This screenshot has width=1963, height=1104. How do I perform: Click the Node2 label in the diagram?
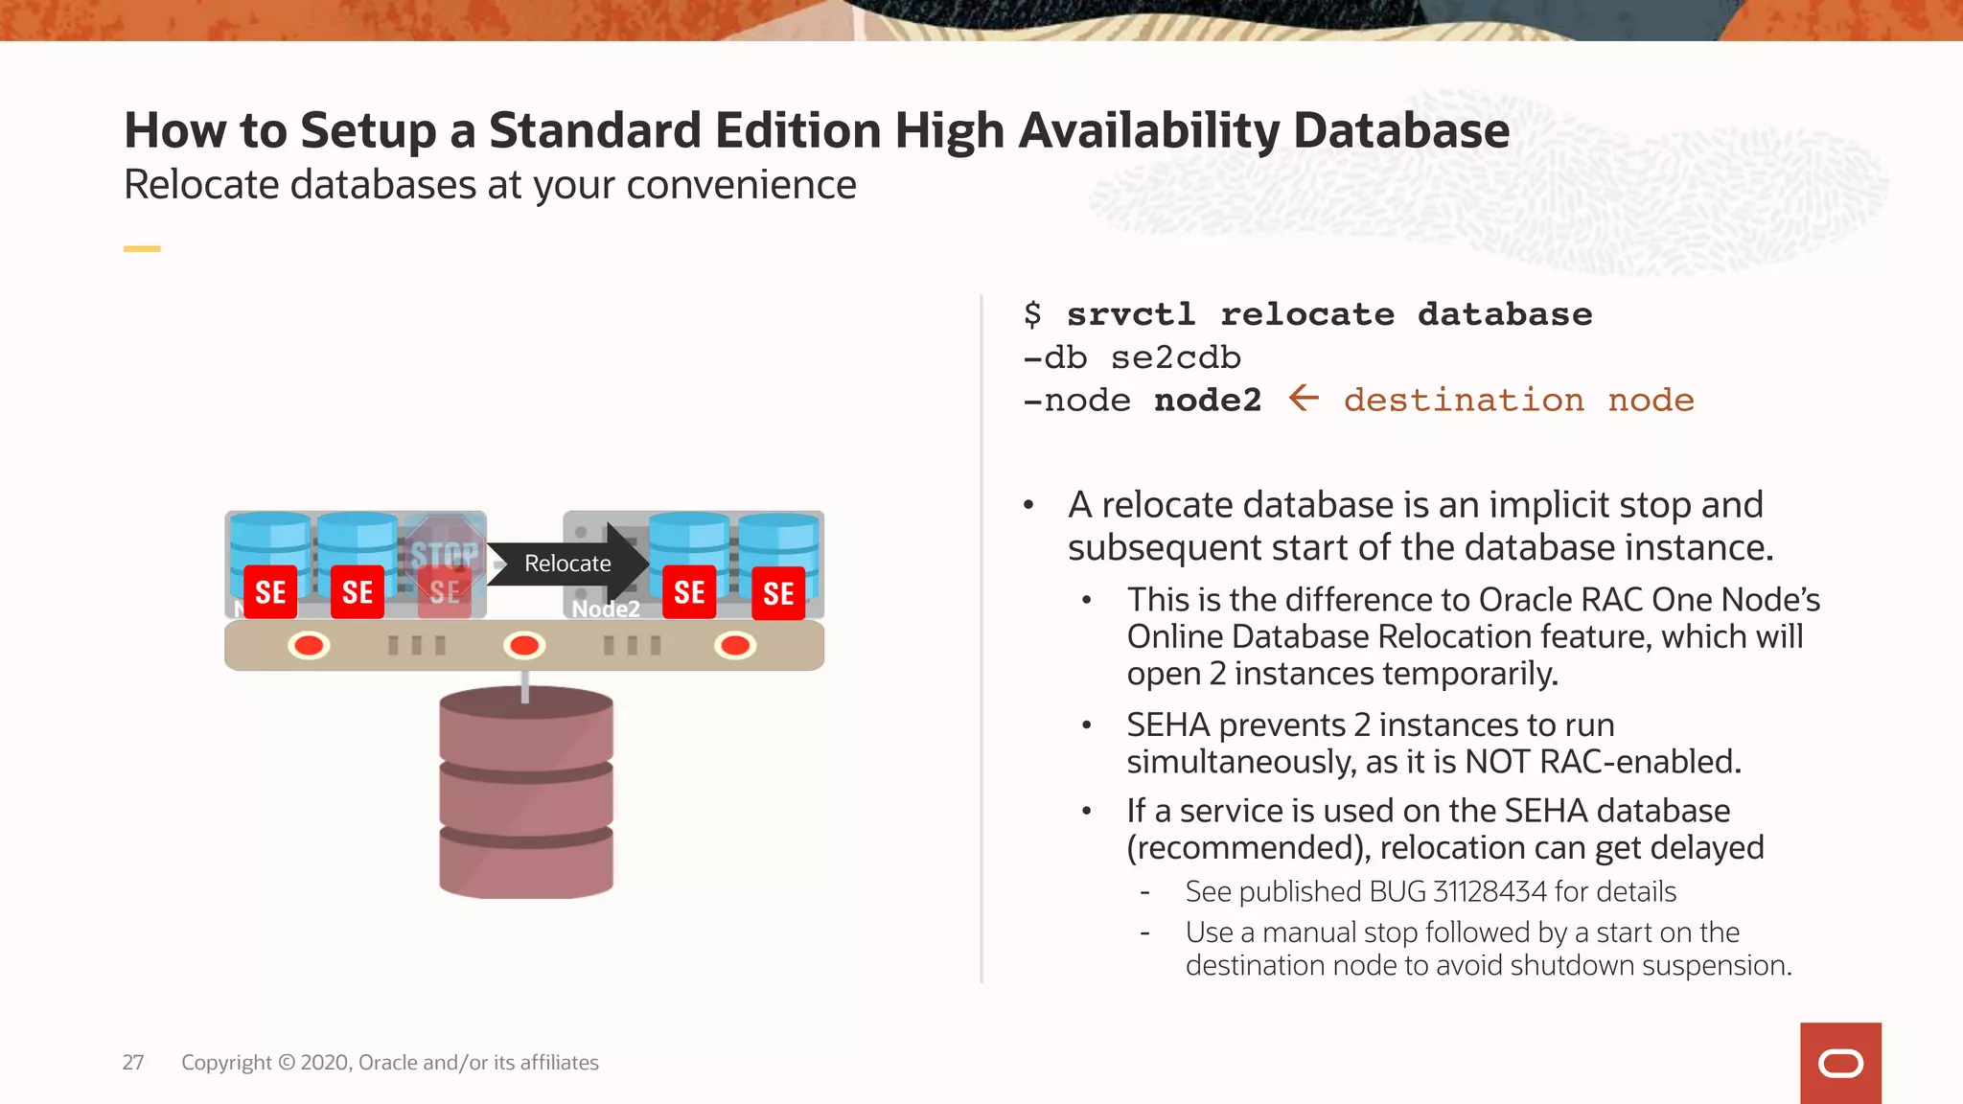pos(606,609)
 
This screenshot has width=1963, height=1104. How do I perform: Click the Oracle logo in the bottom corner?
pos(1840,1063)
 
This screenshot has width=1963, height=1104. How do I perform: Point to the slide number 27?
pos(133,1062)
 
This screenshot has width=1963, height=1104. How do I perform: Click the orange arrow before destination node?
pos(1304,398)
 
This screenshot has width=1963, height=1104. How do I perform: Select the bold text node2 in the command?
pos(1208,400)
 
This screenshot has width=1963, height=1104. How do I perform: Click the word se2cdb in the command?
pos(1176,357)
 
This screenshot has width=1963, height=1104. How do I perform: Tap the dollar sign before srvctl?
pos(1032,314)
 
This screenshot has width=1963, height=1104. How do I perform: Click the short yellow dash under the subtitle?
pos(142,249)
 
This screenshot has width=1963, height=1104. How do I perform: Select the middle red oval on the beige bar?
pos(524,645)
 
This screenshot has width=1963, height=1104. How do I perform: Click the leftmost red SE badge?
pos(270,592)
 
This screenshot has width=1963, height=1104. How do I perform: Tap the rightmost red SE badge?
pos(778,594)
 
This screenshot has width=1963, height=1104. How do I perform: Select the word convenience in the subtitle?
pos(741,184)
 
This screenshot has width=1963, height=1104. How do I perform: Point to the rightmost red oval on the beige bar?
pos(735,645)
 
